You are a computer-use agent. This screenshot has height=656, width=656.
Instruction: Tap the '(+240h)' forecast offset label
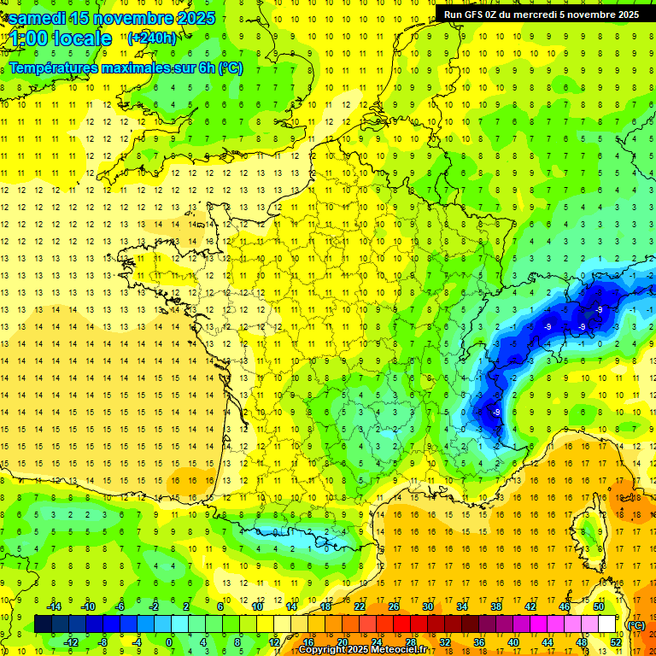[x=152, y=38]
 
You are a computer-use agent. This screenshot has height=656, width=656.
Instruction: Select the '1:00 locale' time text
[x=61, y=38]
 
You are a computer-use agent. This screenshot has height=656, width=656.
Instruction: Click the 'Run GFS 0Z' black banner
[x=542, y=14]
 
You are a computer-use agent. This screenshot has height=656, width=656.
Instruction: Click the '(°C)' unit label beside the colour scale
[x=636, y=624]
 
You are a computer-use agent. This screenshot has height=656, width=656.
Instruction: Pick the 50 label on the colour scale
[x=599, y=606]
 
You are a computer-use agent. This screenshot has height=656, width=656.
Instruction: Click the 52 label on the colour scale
[x=615, y=642]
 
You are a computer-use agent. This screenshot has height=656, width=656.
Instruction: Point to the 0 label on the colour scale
[x=169, y=642]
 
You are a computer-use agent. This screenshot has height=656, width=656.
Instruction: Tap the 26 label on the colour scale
[x=394, y=606]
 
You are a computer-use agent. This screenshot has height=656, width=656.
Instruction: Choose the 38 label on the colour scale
[x=496, y=606]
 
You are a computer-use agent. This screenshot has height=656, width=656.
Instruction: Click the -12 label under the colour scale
[x=72, y=642]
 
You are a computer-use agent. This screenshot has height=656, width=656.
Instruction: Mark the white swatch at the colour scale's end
[x=607, y=624]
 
